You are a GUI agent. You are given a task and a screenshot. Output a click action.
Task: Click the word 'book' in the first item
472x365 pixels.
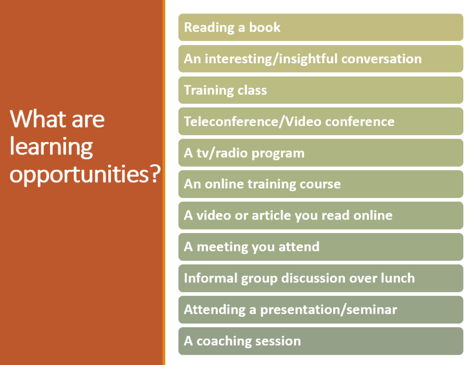tap(265, 27)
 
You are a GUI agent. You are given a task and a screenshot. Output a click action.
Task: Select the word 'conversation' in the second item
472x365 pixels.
tap(381, 59)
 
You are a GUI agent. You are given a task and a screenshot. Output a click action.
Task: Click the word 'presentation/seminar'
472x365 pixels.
tap(328, 310)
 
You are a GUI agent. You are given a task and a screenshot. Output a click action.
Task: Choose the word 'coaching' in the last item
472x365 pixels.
tap(224, 341)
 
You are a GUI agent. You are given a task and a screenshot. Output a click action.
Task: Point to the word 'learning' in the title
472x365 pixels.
tap(51, 147)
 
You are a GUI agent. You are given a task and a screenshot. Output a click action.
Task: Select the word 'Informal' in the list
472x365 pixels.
tap(210, 278)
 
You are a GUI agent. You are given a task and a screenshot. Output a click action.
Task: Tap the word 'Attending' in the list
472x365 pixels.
tap(215, 310)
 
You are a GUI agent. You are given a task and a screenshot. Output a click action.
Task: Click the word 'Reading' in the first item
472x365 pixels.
tap(209, 27)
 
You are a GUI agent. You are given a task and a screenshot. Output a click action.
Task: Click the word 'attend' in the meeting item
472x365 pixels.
tap(299, 247)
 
